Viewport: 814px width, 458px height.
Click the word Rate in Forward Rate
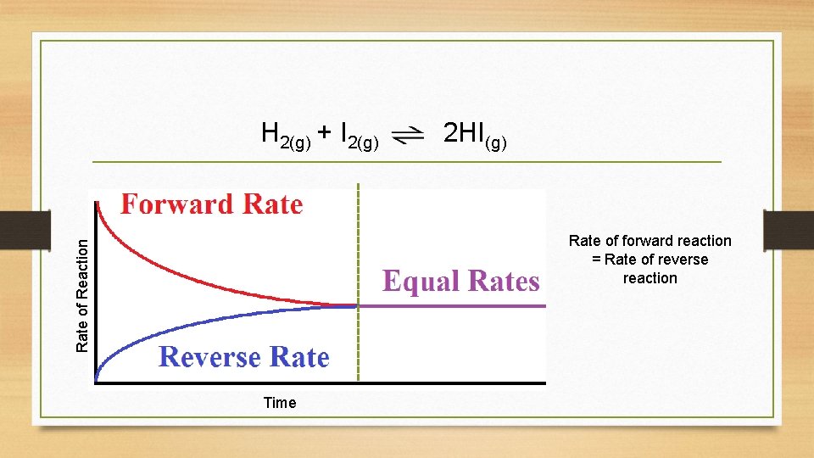point(272,204)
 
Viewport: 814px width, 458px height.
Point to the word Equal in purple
point(419,282)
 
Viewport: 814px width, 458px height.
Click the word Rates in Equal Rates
point(500,282)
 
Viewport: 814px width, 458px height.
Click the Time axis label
point(280,403)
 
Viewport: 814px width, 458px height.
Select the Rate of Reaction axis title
point(82,295)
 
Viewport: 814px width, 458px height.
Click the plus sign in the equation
point(325,132)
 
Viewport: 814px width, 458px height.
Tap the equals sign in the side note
point(596,260)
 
